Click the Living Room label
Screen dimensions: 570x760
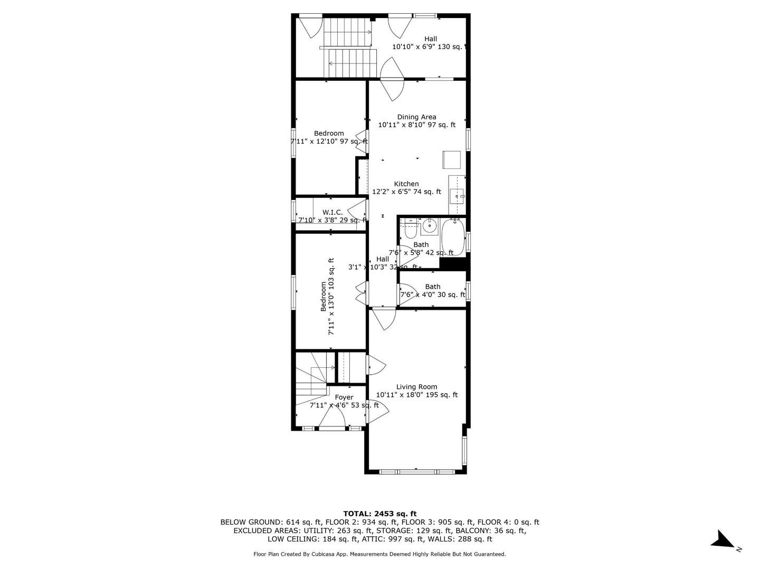416,387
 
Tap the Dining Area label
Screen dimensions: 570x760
416,117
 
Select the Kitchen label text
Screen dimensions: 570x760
406,184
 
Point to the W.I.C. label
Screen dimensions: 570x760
332,212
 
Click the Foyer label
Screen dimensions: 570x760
344,397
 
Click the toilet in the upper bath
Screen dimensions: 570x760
410,231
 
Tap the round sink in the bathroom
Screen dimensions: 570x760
430,227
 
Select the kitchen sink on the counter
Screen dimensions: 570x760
457,196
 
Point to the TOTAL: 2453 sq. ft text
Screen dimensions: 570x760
379,514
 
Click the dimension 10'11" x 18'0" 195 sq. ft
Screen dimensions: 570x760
416,395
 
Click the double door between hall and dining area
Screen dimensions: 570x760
392,79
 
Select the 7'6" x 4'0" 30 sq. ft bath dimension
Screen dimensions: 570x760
432,294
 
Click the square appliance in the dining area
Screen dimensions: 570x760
451,159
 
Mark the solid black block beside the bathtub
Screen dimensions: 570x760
453,263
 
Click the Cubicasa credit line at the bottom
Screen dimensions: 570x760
379,554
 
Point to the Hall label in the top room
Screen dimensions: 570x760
431,39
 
